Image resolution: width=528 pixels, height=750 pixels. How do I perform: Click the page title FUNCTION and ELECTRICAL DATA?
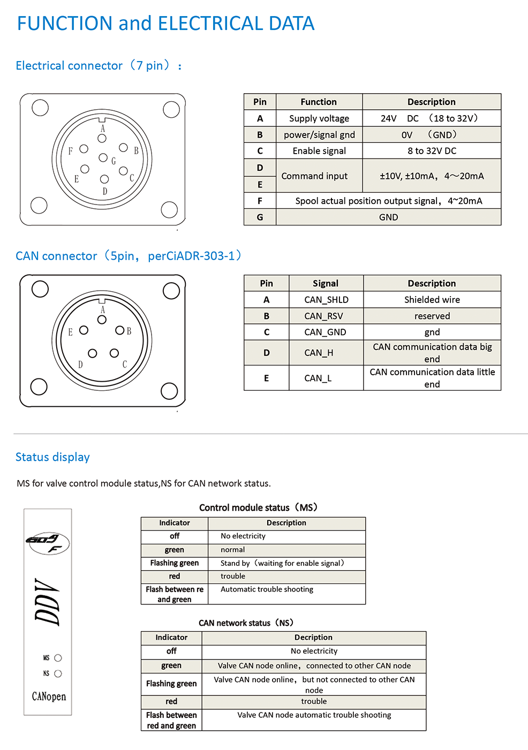click(165, 24)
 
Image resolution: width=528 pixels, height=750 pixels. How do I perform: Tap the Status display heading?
click(52, 457)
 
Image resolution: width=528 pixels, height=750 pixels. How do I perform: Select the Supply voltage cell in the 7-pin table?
click(319, 118)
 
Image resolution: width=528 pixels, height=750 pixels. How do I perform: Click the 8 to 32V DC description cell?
click(432, 151)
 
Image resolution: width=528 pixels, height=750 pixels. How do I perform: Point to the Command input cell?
click(314, 176)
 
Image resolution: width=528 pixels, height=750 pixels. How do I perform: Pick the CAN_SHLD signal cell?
click(326, 300)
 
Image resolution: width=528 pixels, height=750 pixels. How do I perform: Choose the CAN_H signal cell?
click(319, 353)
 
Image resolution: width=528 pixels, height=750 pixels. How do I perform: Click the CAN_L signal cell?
click(318, 378)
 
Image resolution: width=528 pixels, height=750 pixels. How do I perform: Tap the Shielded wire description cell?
click(432, 300)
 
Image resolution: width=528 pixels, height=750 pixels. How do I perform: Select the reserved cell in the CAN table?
click(432, 316)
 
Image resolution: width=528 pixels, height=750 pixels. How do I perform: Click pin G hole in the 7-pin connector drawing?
click(103, 157)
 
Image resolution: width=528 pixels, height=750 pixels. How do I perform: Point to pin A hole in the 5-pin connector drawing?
click(102, 320)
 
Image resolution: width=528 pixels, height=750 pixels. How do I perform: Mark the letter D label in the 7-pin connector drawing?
click(105, 191)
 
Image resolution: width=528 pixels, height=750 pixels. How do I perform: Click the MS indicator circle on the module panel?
click(58, 658)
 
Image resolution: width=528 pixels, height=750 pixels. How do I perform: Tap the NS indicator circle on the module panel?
click(58, 673)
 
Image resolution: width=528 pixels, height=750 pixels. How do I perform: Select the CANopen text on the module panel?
click(49, 696)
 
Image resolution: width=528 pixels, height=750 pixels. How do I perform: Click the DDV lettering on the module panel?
click(48, 602)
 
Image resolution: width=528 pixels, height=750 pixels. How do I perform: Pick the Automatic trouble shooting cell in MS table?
click(267, 589)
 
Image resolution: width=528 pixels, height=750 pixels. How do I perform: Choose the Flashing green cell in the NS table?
click(171, 684)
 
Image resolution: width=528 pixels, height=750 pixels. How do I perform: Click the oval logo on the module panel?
click(47, 542)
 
